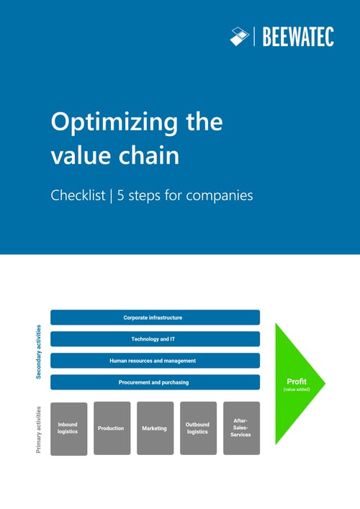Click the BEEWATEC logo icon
click(x=239, y=35)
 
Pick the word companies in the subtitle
click(x=217, y=195)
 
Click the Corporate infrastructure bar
click(x=155, y=317)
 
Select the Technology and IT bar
click(x=155, y=339)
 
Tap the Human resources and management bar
click(x=155, y=361)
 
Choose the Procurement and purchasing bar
click(x=155, y=382)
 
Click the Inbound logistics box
click(x=68, y=428)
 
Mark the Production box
click(x=112, y=428)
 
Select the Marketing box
click(x=155, y=428)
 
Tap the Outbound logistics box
click(x=198, y=428)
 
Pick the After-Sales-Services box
click(x=241, y=428)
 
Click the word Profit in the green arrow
click(x=297, y=381)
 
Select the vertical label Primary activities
click(x=39, y=430)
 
